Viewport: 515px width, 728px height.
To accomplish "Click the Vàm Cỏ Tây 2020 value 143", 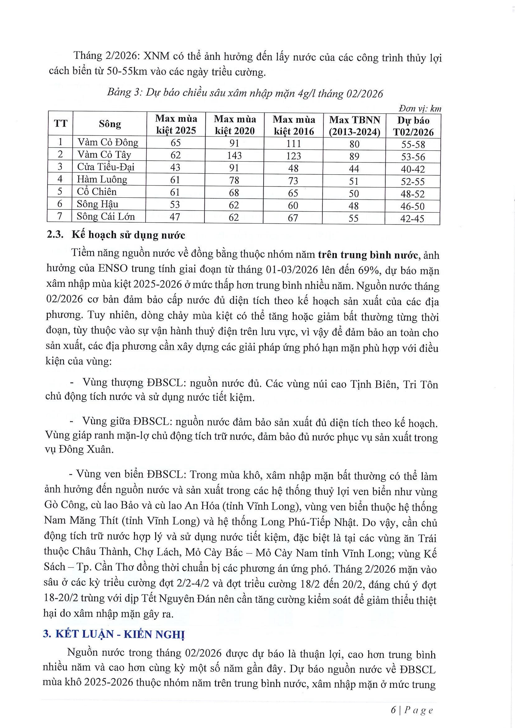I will pyautogui.click(x=234, y=155).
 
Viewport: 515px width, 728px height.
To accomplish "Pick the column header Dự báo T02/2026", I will pyautogui.click(x=413, y=126).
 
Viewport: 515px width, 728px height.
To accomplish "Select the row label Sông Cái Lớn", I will pyautogui.click(x=106, y=217).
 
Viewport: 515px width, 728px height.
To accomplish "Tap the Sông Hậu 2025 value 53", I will pyautogui.click(x=175, y=204).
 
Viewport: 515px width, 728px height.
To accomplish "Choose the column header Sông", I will pyautogui.click(x=110, y=124).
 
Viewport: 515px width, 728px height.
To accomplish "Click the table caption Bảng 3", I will pyautogui.click(x=122, y=93).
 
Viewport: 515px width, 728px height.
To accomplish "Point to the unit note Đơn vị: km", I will pyautogui.click(x=420, y=109).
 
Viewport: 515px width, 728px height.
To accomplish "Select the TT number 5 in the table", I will pyautogui.click(x=60, y=192).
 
